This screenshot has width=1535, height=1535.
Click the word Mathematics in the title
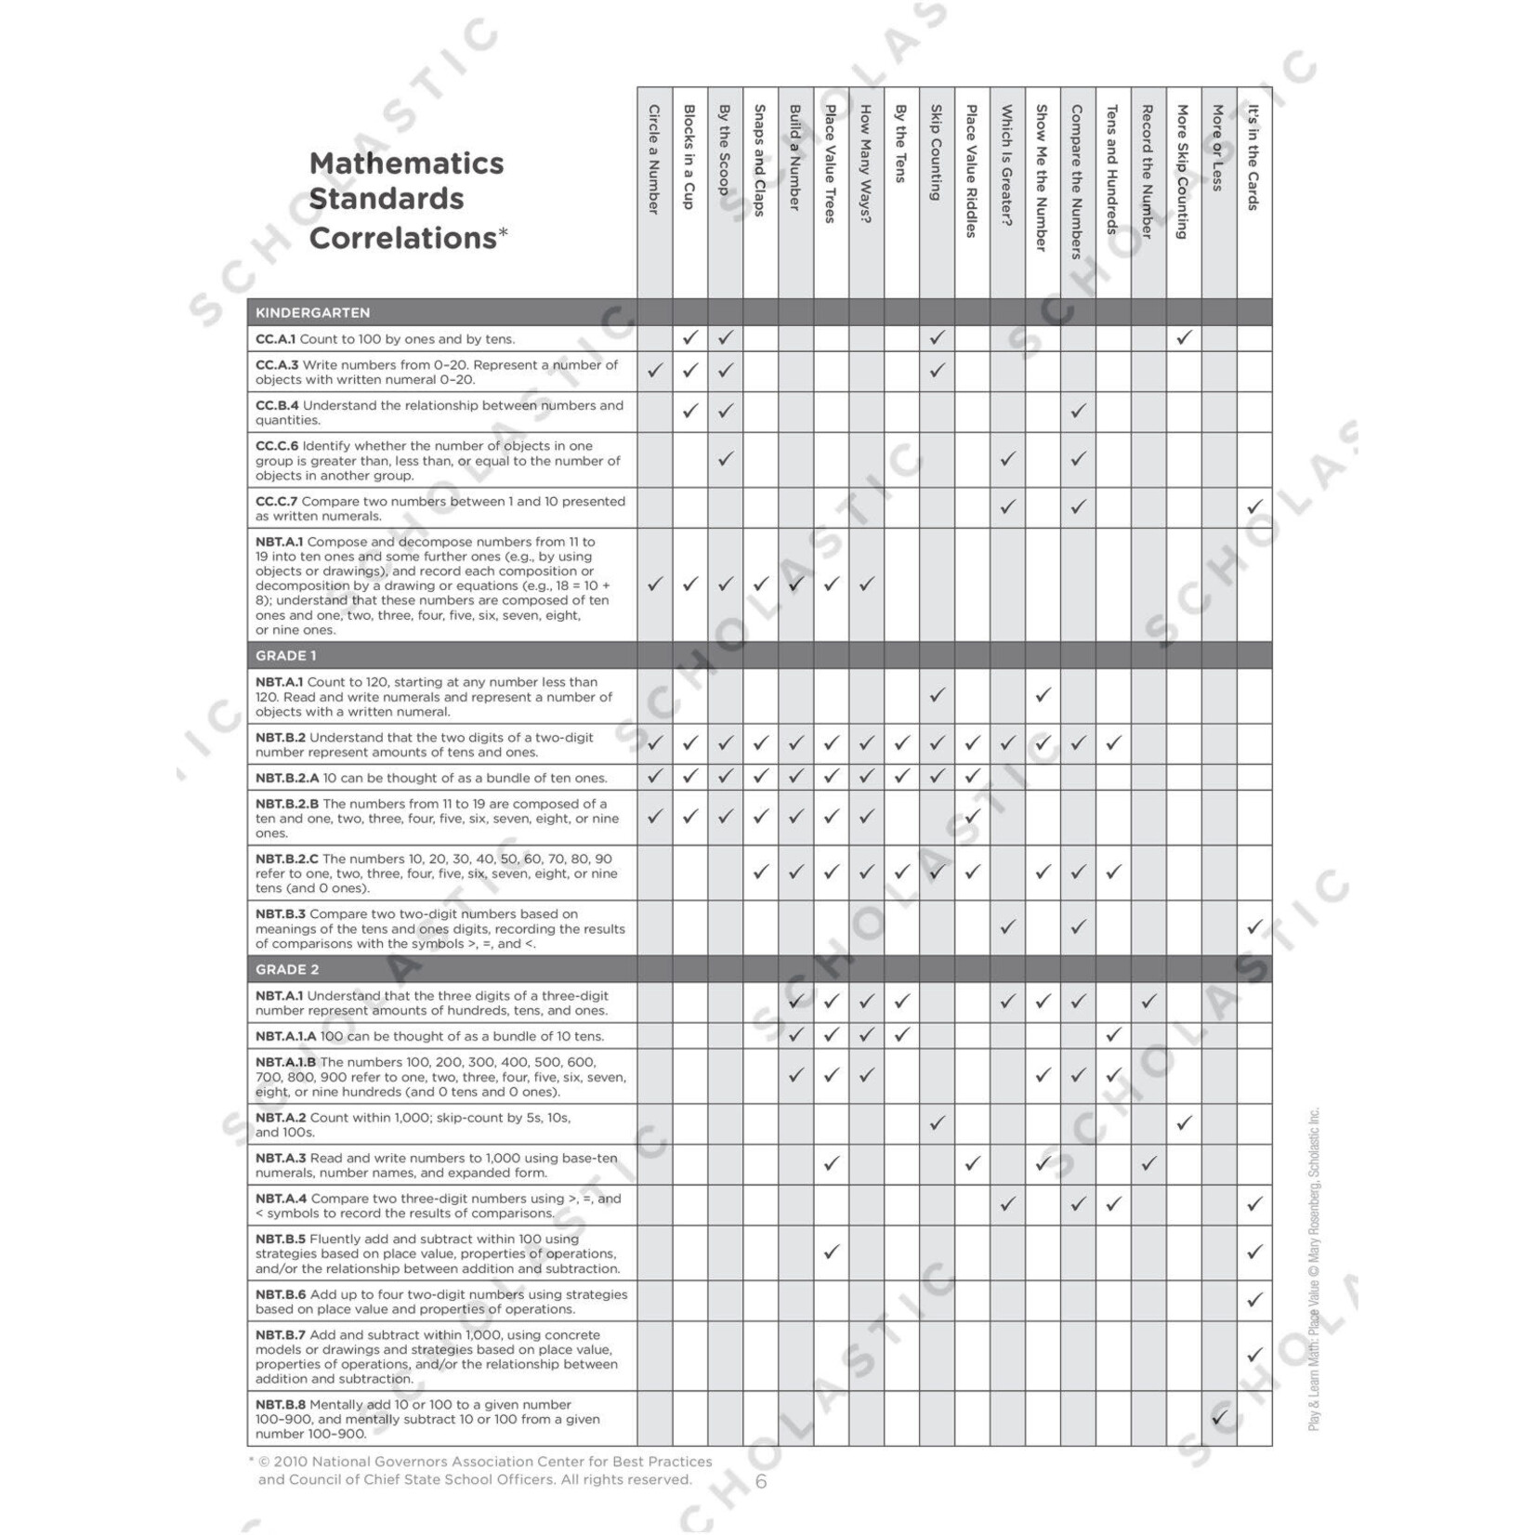pyautogui.click(x=406, y=164)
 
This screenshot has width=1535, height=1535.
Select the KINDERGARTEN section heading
pyautogui.click(x=313, y=313)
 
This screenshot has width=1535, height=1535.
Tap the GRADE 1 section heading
pyautogui.click(x=286, y=656)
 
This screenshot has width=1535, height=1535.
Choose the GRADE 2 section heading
pyautogui.click(x=287, y=970)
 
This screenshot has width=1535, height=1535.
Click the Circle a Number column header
pyautogui.click(x=654, y=159)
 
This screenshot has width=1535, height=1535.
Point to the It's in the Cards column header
pyautogui.click(x=1253, y=157)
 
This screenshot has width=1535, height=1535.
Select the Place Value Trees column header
pyautogui.click(x=831, y=164)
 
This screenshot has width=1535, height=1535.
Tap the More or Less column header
pyautogui.click(x=1218, y=148)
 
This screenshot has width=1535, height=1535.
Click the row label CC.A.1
pyautogui.click(x=275, y=339)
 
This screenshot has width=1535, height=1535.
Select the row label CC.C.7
pyautogui.click(x=276, y=502)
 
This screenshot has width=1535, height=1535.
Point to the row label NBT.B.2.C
pyautogui.click(x=286, y=859)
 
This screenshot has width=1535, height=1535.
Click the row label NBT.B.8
pyautogui.click(x=280, y=1405)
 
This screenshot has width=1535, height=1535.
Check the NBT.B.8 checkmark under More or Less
pyautogui.click(x=1219, y=1418)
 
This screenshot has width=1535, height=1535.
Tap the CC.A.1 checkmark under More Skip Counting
pyautogui.click(x=1184, y=337)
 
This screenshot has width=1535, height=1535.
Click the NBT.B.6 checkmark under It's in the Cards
pyautogui.click(x=1254, y=1300)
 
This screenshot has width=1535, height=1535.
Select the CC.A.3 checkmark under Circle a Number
pyautogui.click(x=655, y=370)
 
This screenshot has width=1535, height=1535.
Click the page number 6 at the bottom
pyautogui.click(x=761, y=1482)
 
